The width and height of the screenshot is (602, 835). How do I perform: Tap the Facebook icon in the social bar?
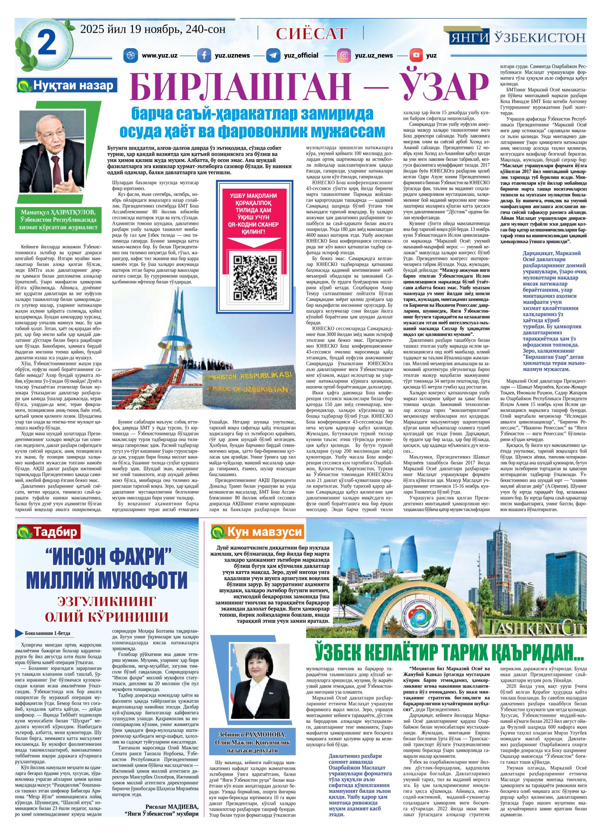204,55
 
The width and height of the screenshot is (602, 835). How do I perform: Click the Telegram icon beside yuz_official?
273,55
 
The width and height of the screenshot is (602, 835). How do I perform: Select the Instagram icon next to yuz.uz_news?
344,55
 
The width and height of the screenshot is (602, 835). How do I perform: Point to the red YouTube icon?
416,55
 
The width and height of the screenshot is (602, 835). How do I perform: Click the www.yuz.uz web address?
159,55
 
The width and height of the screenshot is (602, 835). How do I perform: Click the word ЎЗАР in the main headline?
419,88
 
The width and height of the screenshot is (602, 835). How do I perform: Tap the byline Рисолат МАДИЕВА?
172,815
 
